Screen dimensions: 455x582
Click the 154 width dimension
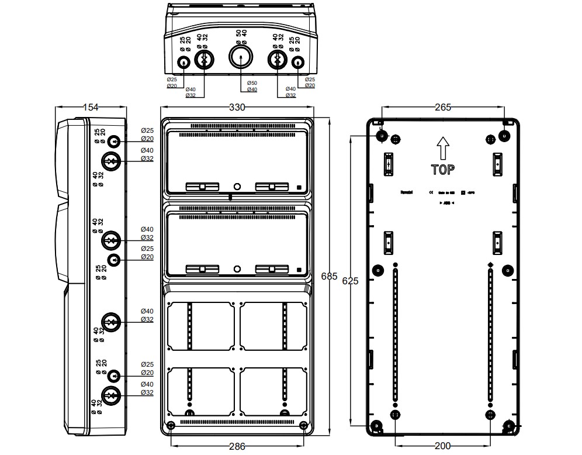(90, 107)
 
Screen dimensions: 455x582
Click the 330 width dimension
(237, 108)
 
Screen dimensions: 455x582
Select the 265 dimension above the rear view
(443, 107)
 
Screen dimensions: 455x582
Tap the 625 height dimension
(350, 281)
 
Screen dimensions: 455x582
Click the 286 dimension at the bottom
(237, 447)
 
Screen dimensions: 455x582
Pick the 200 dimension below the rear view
(443, 446)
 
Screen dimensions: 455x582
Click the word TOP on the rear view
(443, 170)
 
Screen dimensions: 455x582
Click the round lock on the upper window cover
(237, 187)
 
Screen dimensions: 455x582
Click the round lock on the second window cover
(237, 269)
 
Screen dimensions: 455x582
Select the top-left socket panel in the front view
(200, 326)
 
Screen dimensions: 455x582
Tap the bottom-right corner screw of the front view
(303, 425)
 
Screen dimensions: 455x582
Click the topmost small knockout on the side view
(114, 141)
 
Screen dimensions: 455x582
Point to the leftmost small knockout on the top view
(183, 63)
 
